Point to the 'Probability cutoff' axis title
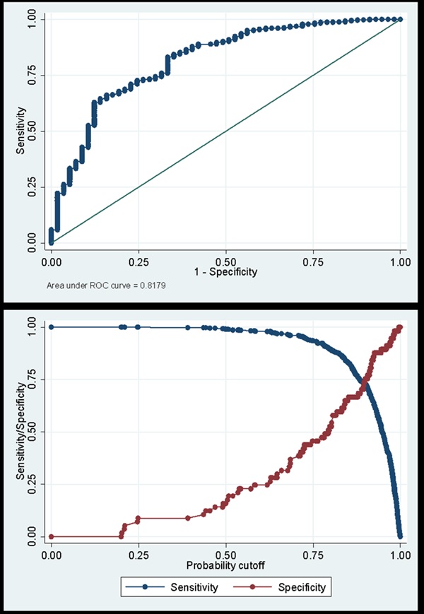225,566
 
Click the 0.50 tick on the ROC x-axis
225,261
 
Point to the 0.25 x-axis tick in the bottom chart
139,556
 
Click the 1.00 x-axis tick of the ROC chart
400,261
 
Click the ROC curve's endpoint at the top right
400,19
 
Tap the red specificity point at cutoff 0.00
51,537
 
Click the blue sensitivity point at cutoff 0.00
51,327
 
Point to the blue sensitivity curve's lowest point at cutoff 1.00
400,536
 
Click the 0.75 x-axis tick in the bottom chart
313,556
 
